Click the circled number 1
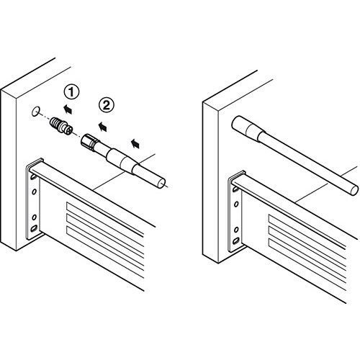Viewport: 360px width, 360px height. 71,92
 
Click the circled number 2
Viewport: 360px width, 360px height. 107,105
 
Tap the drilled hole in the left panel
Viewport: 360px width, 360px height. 35,112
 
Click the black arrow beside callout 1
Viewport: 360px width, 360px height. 68,109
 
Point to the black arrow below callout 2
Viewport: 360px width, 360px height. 102,126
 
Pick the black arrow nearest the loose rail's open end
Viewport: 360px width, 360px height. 135,143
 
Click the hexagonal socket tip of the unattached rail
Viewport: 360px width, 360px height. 88,142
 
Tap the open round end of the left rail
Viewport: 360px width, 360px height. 161,184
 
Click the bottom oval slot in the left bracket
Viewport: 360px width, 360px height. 34,228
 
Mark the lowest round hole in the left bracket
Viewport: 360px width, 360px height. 34,217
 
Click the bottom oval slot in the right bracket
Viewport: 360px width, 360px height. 236,240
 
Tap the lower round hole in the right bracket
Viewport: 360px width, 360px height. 236,230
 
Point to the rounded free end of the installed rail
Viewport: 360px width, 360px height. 354,190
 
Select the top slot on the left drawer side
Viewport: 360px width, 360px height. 105,219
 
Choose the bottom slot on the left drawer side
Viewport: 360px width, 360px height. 105,251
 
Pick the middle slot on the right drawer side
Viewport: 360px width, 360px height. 307,247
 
